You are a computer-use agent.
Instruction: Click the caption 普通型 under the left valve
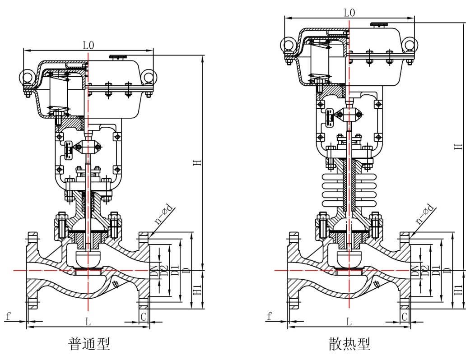tap(88, 344)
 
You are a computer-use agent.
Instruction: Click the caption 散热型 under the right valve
tap(349, 344)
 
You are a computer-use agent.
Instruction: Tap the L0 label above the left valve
tap(88, 45)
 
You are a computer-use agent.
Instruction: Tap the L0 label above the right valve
tap(349, 13)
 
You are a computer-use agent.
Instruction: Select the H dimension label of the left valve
tap(197, 162)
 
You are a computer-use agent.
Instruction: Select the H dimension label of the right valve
tap(459, 146)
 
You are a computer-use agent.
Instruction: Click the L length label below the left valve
tap(88, 322)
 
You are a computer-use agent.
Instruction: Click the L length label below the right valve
tap(349, 322)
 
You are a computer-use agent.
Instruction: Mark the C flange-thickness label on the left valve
tap(144, 316)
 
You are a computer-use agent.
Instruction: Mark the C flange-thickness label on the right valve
tap(405, 316)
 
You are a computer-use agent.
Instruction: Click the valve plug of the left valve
tap(88, 258)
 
